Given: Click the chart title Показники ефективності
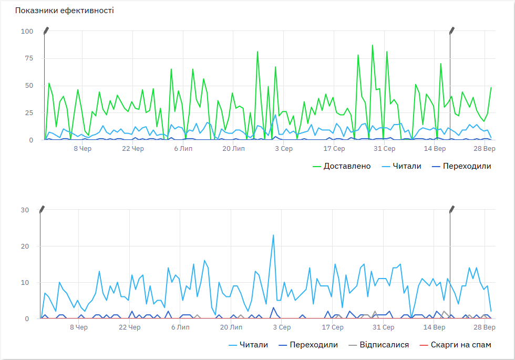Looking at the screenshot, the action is pos(64,11).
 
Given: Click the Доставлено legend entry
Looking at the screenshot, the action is pos(342,166).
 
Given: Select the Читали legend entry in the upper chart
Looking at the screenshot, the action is pos(401,166).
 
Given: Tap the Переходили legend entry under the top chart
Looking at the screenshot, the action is pos(461,166).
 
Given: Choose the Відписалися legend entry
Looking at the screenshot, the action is pos(379,345).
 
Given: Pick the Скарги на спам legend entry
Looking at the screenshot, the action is pos(456,345).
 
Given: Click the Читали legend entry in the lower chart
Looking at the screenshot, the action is pos(248,345).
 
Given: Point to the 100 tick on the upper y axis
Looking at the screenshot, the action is pos(27,31).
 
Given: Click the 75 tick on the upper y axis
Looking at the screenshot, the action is pos(29,58).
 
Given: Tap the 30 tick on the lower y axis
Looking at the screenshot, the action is pos(25,210).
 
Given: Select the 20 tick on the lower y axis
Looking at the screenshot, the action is pos(25,246).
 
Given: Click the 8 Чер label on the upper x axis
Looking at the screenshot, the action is pos(83,148).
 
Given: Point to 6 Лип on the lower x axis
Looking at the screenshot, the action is pos(180,327).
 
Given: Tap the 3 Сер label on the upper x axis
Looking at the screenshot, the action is pos(284,148).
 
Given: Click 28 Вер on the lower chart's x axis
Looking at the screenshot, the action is pos(485,327).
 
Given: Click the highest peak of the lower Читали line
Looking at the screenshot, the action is pos(273,235).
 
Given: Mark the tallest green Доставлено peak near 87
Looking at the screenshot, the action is pos(373,45).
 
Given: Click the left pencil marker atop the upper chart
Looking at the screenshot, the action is pos(46,30).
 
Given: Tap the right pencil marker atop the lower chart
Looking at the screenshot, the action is pos(452,209).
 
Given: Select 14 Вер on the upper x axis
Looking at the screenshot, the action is pos(435,148).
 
